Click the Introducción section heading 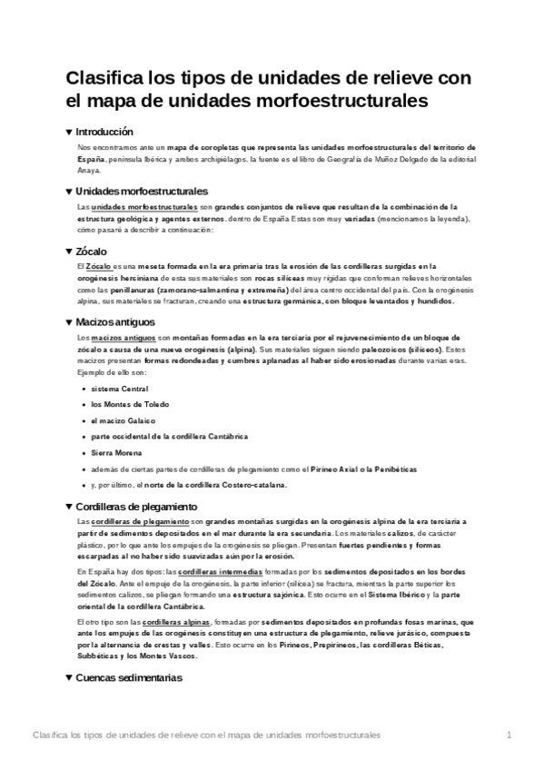pos(104,132)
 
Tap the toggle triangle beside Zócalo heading pos(70,251)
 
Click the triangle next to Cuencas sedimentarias pos(70,677)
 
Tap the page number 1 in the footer pos(509,734)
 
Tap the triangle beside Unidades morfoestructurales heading pos(70,191)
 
